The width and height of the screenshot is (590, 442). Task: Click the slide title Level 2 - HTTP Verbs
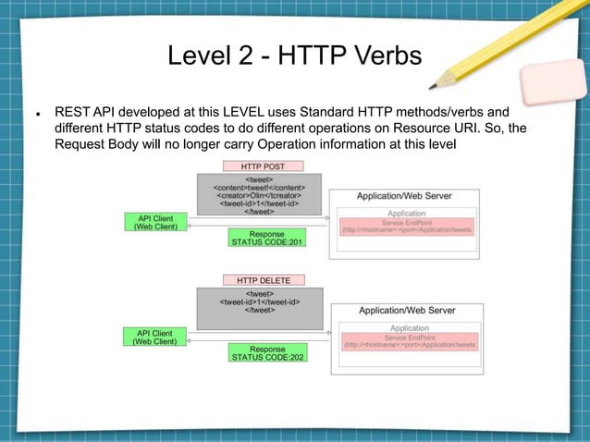click(294, 56)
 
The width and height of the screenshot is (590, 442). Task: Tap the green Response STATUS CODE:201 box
click(266, 238)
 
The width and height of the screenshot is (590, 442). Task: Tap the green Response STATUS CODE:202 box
click(267, 351)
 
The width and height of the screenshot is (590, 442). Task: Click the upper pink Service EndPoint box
click(407, 227)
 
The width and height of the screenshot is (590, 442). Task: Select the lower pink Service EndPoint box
click(410, 341)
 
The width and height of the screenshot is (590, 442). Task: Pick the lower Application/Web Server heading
click(407, 311)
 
